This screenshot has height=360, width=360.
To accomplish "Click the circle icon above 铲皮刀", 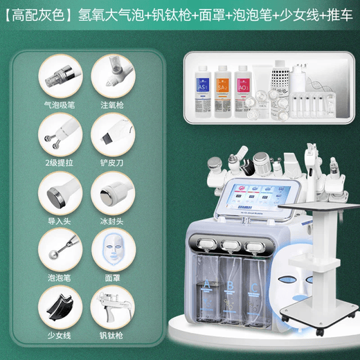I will [x=111, y=134].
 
